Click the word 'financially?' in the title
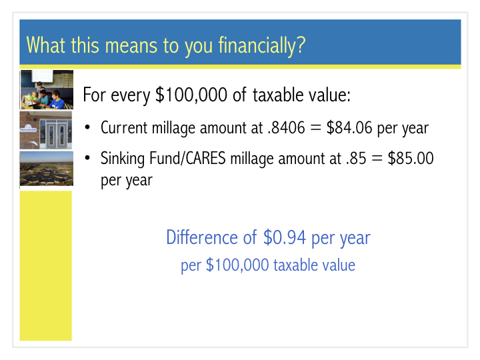(x=262, y=46)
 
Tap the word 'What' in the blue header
(x=46, y=45)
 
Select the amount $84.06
(x=349, y=127)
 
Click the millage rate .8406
(x=286, y=127)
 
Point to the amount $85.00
(x=411, y=158)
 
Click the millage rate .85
(x=356, y=159)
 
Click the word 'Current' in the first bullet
(x=124, y=127)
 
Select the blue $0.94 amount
(x=285, y=237)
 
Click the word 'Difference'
(x=202, y=237)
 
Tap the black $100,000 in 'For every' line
(x=191, y=95)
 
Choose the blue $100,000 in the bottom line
(x=237, y=265)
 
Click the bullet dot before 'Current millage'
(x=87, y=127)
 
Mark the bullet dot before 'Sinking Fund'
(x=87, y=158)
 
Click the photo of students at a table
(x=47, y=89)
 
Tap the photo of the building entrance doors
(x=46, y=130)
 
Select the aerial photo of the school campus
(x=47, y=169)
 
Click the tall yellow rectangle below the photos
(x=46, y=266)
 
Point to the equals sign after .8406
(x=315, y=128)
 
